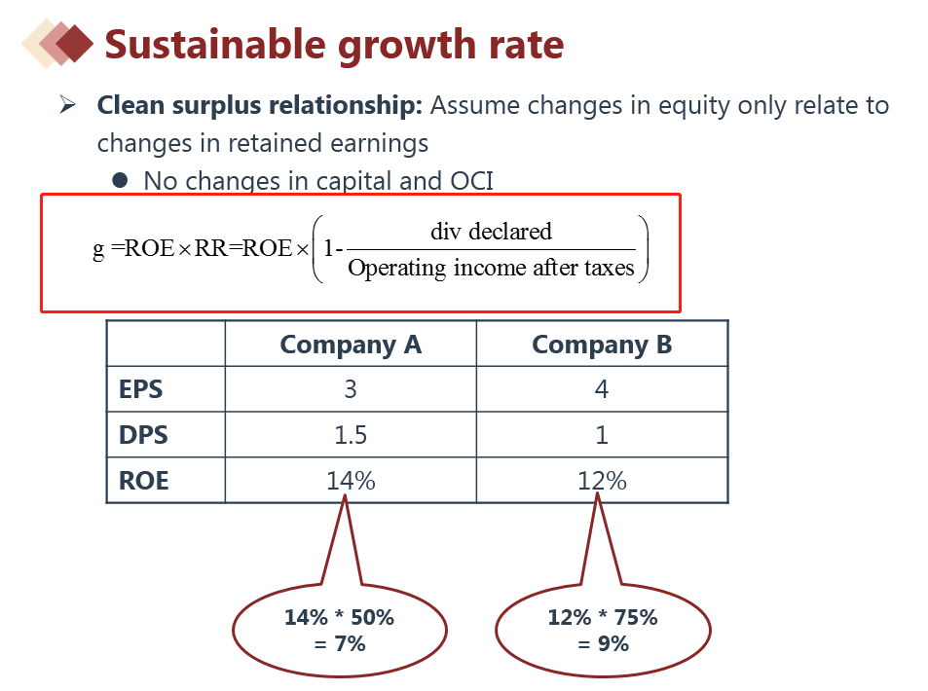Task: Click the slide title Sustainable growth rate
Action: point(334,45)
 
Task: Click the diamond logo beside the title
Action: point(58,43)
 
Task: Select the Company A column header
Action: point(351,345)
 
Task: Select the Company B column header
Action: point(602,345)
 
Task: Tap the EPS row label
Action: point(141,390)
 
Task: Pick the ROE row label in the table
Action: point(144,481)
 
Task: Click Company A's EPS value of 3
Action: point(351,390)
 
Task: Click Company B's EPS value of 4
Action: point(602,390)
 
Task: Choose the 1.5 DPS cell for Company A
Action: point(351,435)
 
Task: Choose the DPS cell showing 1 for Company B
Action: point(602,435)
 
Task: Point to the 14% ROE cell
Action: point(351,480)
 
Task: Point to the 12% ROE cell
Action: point(602,480)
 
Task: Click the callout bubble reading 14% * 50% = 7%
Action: point(340,630)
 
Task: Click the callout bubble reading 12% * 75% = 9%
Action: point(603,630)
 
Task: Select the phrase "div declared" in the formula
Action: point(491,232)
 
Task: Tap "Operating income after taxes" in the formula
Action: point(491,268)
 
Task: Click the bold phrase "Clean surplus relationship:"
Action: point(260,105)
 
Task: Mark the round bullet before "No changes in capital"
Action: point(121,180)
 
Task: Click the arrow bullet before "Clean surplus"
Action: point(68,105)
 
